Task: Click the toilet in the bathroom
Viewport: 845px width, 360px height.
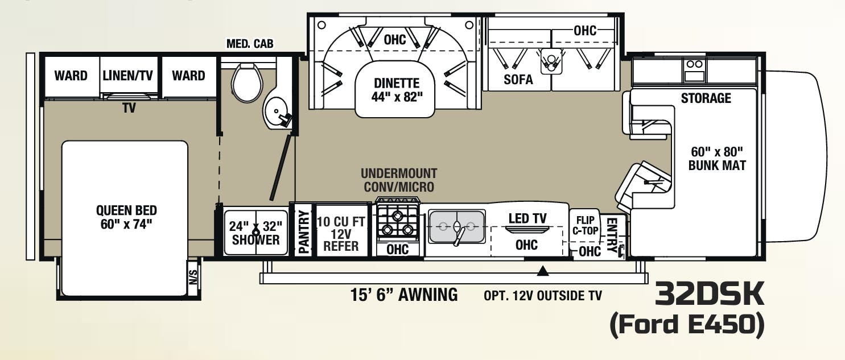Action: point(248,84)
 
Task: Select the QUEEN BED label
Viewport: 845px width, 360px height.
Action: point(126,217)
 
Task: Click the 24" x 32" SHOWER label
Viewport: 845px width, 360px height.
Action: point(255,232)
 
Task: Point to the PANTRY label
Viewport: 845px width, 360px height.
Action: point(303,231)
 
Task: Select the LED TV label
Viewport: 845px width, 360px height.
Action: point(527,218)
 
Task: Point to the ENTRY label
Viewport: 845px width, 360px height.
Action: point(612,234)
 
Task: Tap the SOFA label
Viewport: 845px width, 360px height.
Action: point(518,80)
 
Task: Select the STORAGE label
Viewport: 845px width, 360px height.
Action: point(706,98)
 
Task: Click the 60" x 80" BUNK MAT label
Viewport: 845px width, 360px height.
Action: point(716,159)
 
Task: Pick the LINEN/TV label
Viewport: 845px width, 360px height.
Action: point(129,75)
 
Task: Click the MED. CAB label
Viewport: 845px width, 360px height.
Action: point(250,44)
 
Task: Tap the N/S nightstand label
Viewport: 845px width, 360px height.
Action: point(193,278)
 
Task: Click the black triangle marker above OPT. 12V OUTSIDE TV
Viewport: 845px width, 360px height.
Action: point(543,271)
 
